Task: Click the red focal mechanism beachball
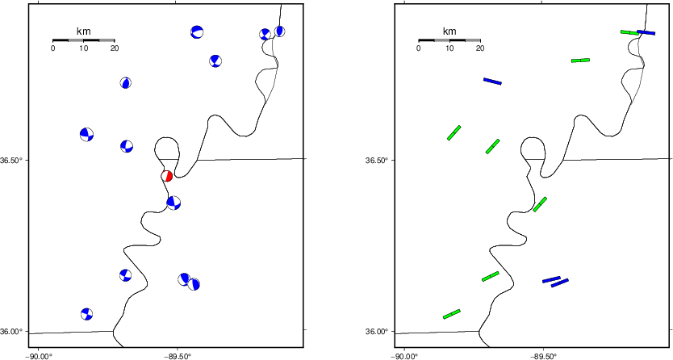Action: [166, 176]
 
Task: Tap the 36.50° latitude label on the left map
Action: [10, 161]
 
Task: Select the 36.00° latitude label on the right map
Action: [376, 331]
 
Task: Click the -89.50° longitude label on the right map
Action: [543, 356]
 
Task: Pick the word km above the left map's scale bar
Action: [84, 31]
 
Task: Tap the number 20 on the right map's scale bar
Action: [480, 48]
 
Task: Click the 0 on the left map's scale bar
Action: [52, 48]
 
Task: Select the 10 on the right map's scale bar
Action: [449, 48]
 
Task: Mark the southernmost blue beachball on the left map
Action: [86, 314]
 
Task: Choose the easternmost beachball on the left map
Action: [279, 31]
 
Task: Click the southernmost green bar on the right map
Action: [452, 314]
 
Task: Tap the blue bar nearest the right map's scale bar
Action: [492, 81]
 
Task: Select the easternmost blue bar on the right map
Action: [646, 32]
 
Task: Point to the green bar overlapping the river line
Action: [540, 204]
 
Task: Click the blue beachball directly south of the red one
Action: [173, 203]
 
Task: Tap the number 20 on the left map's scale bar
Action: [115, 48]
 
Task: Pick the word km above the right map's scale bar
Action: [449, 31]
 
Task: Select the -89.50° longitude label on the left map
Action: [178, 356]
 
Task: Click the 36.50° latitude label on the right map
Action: [376, 161]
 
